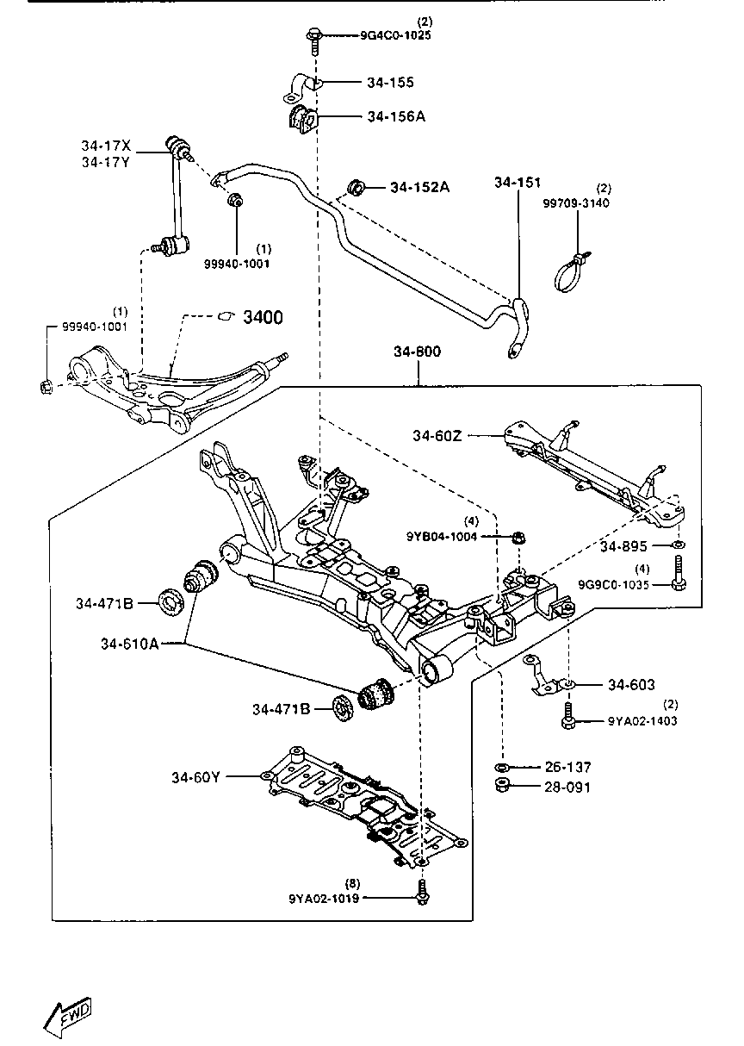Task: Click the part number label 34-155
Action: pos(390,83)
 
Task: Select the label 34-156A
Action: pos(396,116)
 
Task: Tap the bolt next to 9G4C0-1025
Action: pos(313,37)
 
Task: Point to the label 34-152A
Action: pos(420,187)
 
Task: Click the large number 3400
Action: pos(263,318)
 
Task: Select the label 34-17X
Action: pos(106,146)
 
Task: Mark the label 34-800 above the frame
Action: pos(418,352)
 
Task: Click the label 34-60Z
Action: pos(437,436)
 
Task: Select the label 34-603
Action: pos(631,685)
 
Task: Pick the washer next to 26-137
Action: pos(501,767)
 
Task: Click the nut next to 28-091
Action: pos(501,785)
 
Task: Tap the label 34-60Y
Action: pos(195,777)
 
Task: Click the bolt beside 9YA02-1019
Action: pos(422,893)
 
